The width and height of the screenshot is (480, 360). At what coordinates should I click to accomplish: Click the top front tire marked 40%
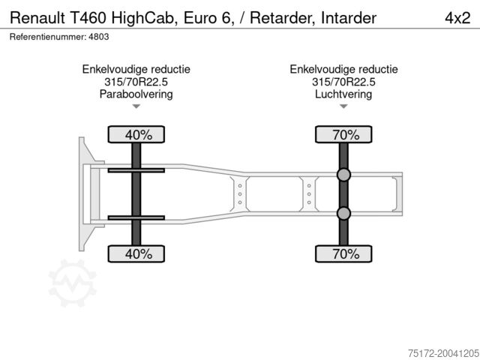click(136, 134)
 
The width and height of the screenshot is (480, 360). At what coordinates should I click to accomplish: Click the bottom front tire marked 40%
click(136, 253)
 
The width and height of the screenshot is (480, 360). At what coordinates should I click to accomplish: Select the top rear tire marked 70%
click(343, 134)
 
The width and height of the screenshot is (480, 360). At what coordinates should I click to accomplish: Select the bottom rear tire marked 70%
click(343, 253)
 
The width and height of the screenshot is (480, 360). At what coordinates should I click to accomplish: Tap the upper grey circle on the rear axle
click(343, 175)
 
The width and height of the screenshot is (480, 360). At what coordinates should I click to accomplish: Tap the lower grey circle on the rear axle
click(343, 213)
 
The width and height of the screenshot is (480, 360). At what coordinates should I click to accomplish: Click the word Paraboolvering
click(136, 94)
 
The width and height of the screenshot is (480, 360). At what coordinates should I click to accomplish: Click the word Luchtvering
click(343, 94)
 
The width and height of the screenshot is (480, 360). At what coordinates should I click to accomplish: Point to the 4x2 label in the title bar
click(457, 18)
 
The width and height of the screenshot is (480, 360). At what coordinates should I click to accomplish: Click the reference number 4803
click(99, 37)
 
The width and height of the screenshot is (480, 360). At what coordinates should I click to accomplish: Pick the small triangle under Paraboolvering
click(136, 106)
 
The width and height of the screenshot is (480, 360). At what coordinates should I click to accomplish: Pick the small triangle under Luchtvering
click(343, 106)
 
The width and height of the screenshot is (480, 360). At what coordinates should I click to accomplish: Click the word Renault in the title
click(37, 18)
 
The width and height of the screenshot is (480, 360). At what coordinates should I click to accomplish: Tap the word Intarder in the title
click(349, 18)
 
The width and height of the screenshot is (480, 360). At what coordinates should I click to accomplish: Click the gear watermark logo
click(73, 283)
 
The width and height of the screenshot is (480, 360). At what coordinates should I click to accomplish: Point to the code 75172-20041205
click(443, 353)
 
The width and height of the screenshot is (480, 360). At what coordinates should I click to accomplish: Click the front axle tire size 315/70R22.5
click(136, 82)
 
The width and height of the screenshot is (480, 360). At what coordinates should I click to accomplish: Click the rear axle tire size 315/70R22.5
click(343, 82)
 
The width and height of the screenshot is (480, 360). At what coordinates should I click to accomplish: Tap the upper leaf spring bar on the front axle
click(136, 170)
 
